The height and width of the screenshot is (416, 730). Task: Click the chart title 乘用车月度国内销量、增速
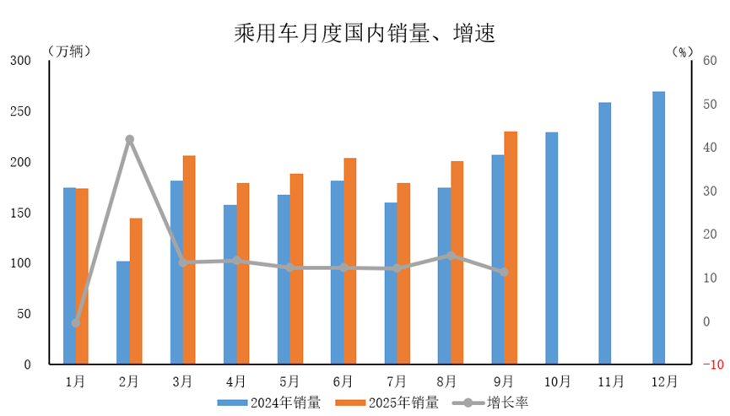tap(364, 33)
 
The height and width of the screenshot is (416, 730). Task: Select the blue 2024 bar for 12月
tap(658, 228)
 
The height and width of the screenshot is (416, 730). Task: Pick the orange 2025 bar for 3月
tap(189, 260)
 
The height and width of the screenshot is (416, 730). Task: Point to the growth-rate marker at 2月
tap(129, 139)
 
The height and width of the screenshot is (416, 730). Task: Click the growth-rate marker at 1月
tap(76, 322)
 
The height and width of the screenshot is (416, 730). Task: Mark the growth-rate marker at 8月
tap(451, 256)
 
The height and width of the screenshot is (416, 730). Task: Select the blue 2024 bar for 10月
tap(551, 248)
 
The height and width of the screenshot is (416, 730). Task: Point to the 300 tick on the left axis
tap(20, 61)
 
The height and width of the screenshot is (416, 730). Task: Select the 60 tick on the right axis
tap(708, 61)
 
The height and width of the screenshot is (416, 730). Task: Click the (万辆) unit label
tap(69, 51)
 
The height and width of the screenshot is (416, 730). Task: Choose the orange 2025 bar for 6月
tap(349, 261)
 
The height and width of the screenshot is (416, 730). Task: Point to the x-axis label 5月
tap(289, 381)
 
